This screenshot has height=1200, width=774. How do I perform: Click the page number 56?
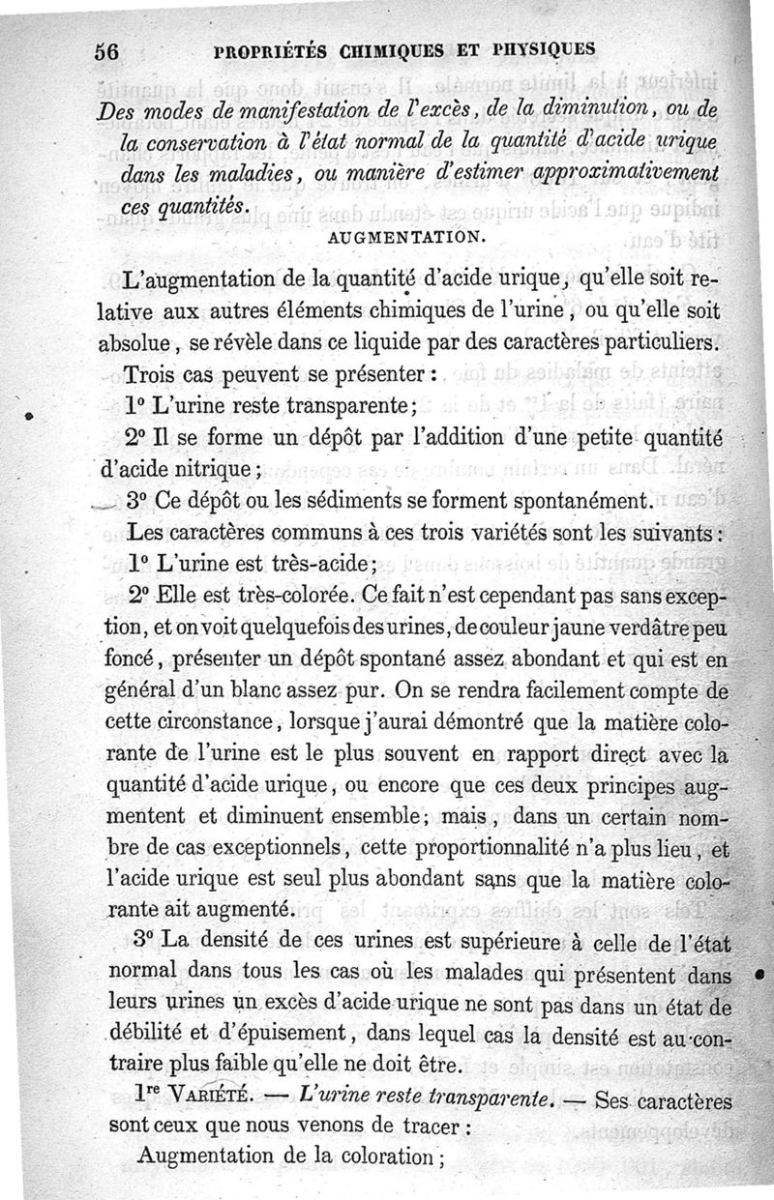pos(105,54)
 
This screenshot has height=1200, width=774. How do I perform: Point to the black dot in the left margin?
pos(31,416)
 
